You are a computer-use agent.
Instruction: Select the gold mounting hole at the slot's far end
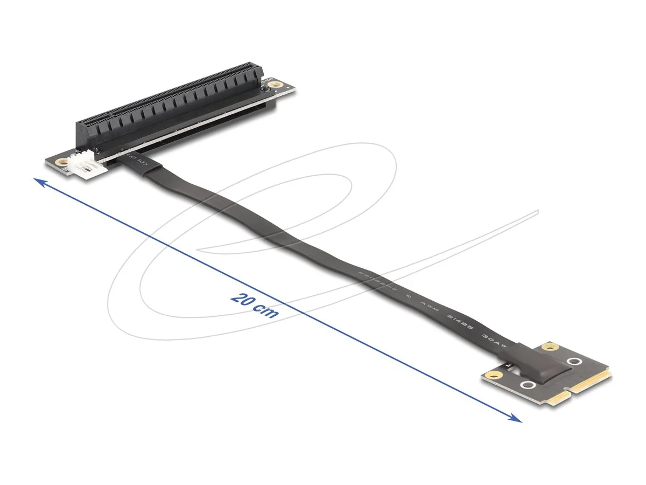276,84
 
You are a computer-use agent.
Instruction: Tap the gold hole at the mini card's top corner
550,347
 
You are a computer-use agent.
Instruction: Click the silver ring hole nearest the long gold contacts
574,362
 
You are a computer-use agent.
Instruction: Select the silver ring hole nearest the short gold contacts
528,385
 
